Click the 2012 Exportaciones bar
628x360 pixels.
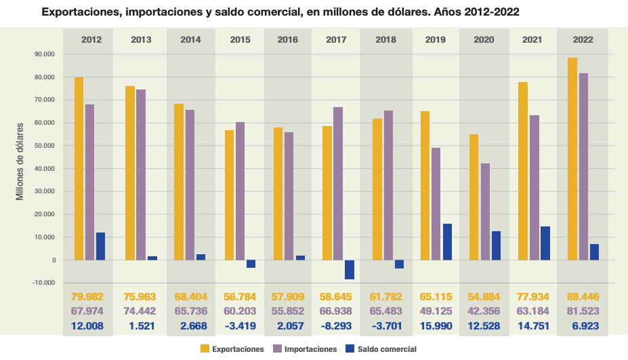click(79, 168)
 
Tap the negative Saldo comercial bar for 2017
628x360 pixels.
click(350, 269)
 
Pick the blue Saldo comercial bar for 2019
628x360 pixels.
click(447, 241)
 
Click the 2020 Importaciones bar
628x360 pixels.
click(485, 212)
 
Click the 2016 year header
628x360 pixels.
click(288, 39)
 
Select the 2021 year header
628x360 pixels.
click(532, 39)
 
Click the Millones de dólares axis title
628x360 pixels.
click(21, 161)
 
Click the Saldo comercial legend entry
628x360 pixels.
click(379, 349)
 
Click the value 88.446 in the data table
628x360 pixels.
click(582, 297)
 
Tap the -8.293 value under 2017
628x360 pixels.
click(337, 327)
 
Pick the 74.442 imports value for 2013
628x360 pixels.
click(141, 312)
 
